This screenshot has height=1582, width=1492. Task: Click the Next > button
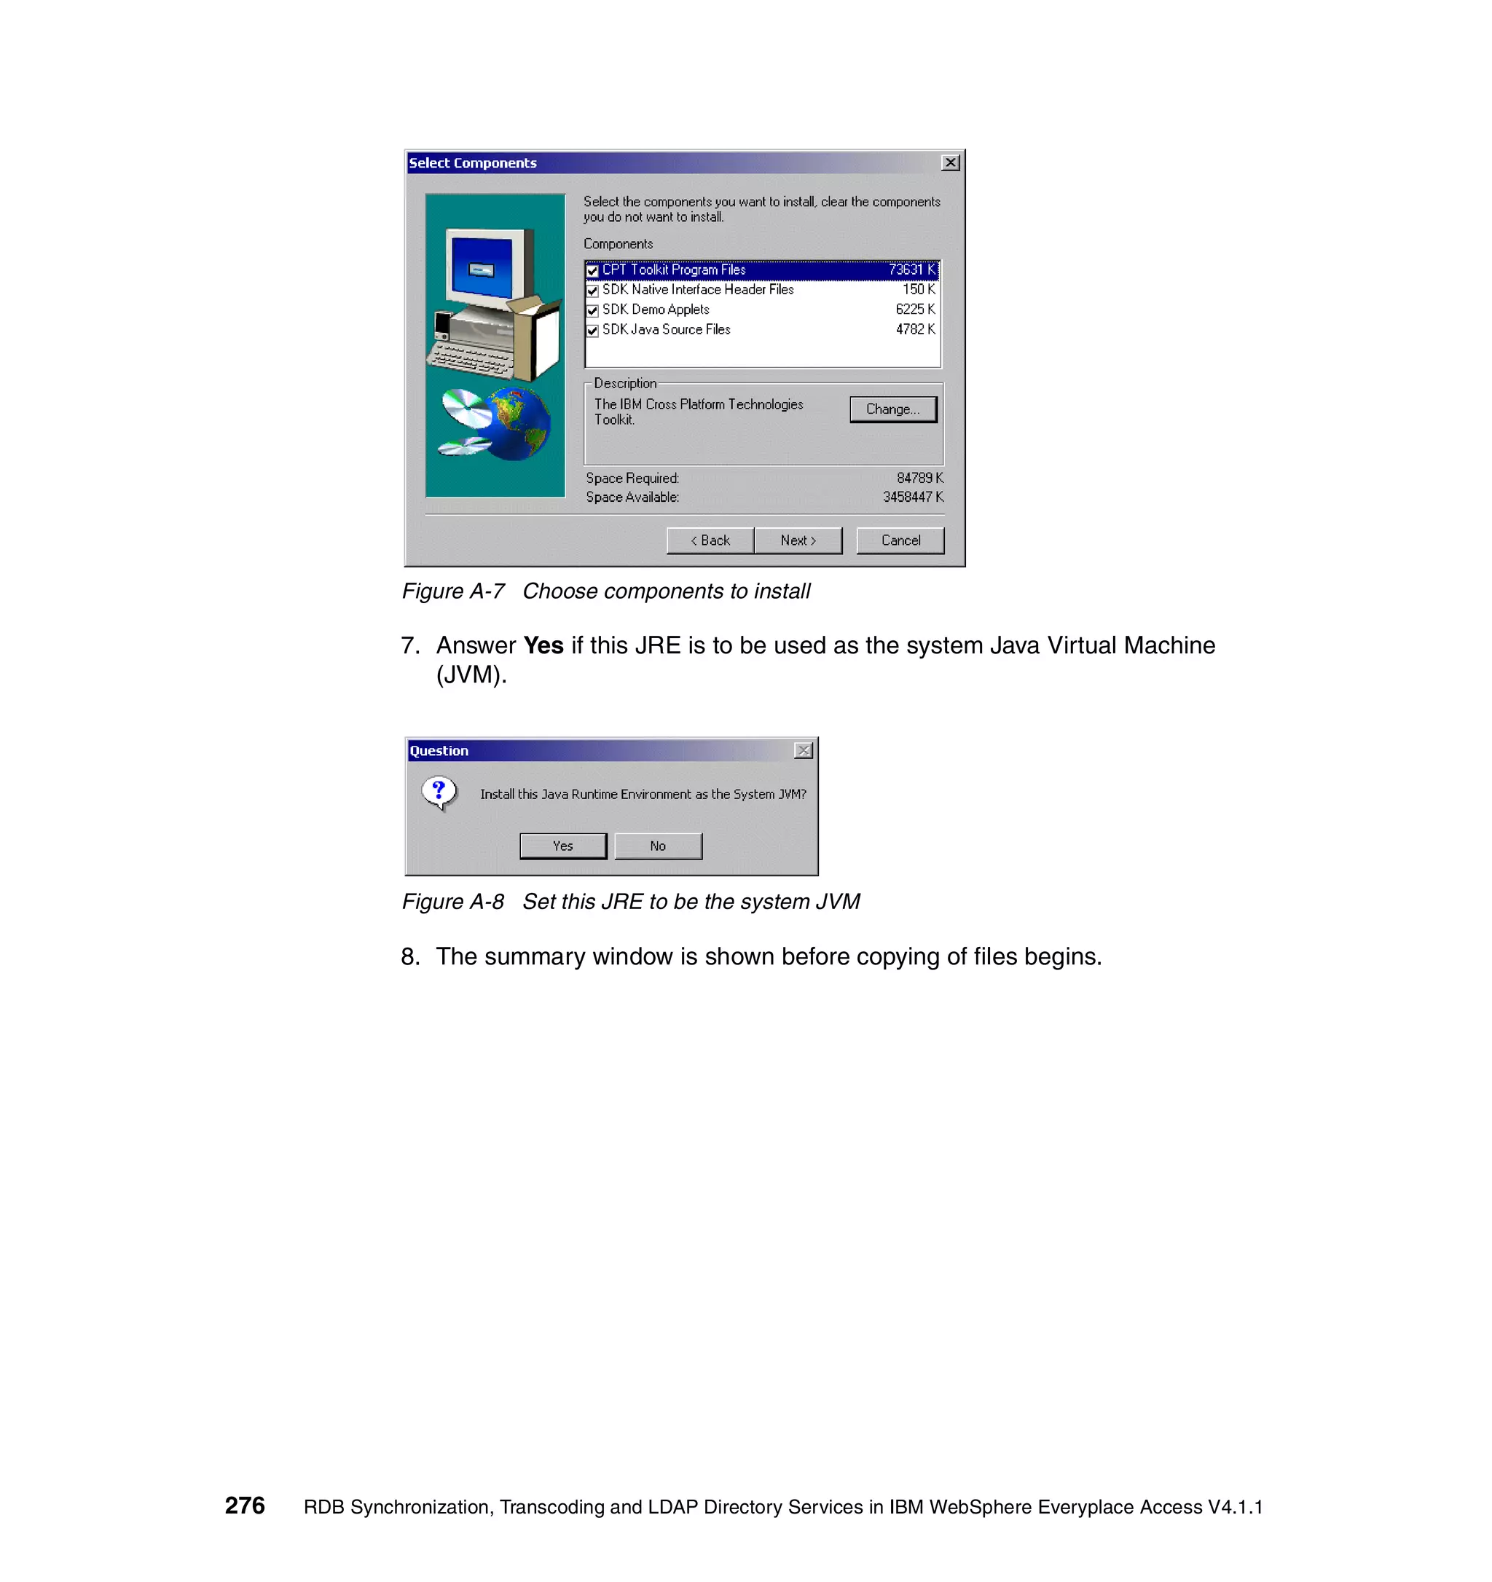(x=797, y=540)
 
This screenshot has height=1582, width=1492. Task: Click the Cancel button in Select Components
(x=900, y=540)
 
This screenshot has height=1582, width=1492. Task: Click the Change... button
(x=893, y=409)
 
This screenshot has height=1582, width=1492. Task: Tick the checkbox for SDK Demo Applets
(x=592, y=310)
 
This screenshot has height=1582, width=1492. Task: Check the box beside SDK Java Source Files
(x=592, y=330)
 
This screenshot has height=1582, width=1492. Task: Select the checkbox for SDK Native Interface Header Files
(x=592, y=291)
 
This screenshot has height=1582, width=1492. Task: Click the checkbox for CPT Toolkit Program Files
(x=592, y=270)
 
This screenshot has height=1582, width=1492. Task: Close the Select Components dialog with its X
(x=950, y=163)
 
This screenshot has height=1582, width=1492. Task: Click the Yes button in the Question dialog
(x=562, y=846)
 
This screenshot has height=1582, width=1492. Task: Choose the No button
(x=657, y=846)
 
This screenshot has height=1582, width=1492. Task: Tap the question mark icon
(x=439, y=792)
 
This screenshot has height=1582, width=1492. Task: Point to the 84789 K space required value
(x=919, y=479)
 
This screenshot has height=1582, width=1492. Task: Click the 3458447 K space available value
(x=913, y=497)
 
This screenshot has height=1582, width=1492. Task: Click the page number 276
(x=244, y=1506)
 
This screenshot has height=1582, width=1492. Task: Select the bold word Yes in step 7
(x=543, y=645)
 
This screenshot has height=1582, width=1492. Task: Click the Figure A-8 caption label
(x=452, y=902)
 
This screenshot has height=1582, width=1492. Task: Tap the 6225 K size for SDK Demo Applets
(x=915, y=310)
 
